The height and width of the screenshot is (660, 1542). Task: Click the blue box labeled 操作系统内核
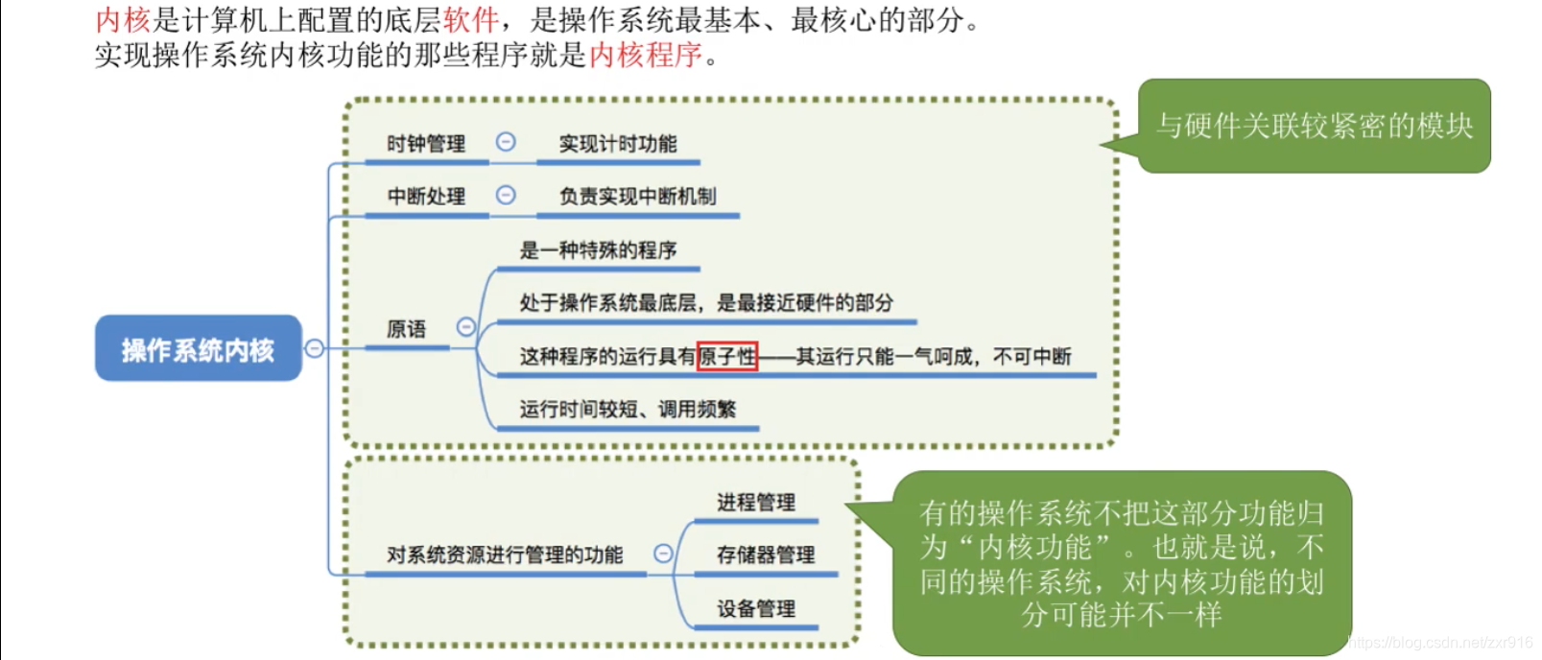[198, 349]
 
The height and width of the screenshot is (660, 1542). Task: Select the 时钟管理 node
[426, 144]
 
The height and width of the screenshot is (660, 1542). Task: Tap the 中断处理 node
[426, 197]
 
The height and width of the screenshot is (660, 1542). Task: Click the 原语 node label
[406, 329]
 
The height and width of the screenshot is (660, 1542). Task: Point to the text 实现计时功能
[618, 144]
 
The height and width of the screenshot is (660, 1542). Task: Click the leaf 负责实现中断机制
[637, 197]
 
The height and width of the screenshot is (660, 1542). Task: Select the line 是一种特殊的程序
[598, 250]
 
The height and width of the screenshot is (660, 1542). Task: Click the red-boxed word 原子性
[727, 357]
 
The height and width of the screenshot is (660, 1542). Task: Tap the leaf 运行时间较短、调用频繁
[628, 410]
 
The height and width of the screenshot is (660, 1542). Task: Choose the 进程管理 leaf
[756, 502]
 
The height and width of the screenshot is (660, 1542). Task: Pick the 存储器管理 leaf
[766, 554]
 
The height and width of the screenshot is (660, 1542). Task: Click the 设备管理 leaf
[756, 608]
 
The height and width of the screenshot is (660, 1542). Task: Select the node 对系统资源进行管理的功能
[505, 554]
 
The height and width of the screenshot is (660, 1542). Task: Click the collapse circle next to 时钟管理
[506, 142]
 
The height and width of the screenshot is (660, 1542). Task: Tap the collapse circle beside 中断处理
[506, 195]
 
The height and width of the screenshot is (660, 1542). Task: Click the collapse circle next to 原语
[466, 327]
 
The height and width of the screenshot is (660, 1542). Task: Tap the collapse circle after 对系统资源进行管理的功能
[663, 554]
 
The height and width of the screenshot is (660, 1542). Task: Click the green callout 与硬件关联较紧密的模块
[1314, 126]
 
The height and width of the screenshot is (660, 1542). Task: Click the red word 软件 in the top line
[470, 20]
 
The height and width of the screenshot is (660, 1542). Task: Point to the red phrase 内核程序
[646, 56]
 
